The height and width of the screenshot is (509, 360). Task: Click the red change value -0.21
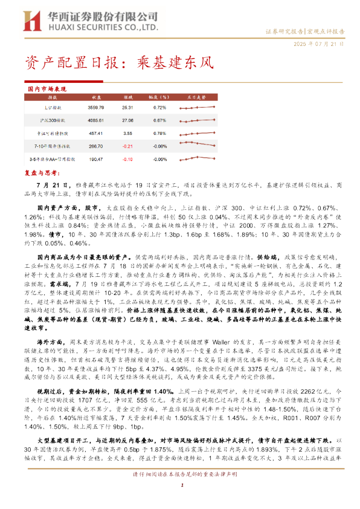pos(127,146)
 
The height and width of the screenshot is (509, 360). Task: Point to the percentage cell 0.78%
pos(159,133)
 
